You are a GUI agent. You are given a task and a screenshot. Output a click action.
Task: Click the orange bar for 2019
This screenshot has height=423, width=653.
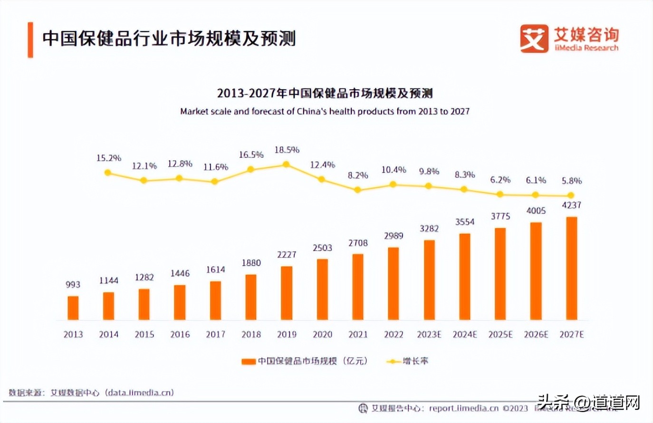pos(287,293)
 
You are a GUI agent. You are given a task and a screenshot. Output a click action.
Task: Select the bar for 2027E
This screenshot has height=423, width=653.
pos(571,268)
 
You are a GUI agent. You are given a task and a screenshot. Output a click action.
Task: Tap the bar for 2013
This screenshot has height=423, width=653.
pos(73,308)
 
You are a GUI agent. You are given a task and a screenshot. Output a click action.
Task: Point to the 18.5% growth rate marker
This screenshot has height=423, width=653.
pos(286,164)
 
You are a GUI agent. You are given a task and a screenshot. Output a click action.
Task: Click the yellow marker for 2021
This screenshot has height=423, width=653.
pos(358,190)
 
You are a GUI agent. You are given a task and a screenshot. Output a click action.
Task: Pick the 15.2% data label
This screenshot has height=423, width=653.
pos(109,158)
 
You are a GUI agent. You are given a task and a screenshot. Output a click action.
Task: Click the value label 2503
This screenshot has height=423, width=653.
pos(322,248)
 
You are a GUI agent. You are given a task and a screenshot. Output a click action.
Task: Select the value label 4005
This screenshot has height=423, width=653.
pos(536,211)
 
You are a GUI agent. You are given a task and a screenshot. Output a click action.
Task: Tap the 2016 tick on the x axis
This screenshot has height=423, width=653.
pos(180,335)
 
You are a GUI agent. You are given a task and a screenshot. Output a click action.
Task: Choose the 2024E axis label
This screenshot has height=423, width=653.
pos(464,335)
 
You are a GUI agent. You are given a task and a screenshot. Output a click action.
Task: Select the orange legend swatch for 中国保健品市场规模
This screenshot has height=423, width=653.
pos(249,362)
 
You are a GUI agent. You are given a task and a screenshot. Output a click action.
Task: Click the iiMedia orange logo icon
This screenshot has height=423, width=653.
pos(534,38)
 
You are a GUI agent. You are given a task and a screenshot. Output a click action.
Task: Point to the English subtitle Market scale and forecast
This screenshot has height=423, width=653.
pos(325,112)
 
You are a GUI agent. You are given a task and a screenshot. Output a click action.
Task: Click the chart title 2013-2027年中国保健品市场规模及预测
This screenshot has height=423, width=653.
pos(325,93)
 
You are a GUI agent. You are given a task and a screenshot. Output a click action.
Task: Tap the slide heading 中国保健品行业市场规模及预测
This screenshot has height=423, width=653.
pos(169,38)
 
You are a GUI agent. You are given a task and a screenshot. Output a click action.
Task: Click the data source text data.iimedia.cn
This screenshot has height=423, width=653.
pos(140,393)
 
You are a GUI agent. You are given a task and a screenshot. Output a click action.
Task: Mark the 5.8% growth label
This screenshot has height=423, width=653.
pos(571,181)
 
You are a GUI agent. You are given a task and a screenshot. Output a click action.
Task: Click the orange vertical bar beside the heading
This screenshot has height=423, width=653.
pos(30,40)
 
